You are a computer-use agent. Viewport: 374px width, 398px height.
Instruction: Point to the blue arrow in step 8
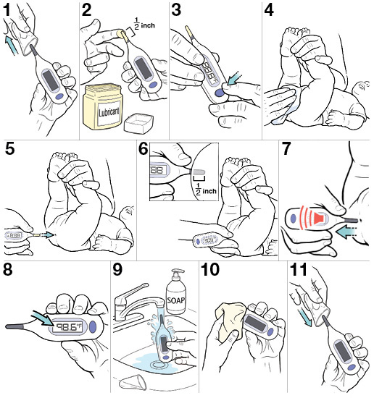(x=41, y=316)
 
